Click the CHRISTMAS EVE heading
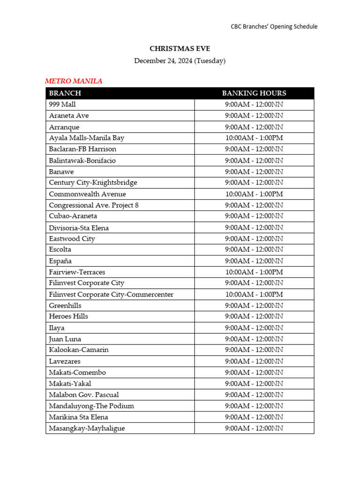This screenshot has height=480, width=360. pyautogui.click(x=180, y=48)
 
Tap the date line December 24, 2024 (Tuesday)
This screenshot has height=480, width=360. pyautogui.click(x=180, y=60)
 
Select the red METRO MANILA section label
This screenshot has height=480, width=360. pyautogui.click(x=74, y=81)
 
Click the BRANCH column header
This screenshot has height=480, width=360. pyautogui.click(x=65, y=93)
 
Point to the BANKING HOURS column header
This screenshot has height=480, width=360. pyautogui.click(x=254, y=93)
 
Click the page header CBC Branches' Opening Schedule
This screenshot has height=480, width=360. pyautogui.click(x=274, y=27)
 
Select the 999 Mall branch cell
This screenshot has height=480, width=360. pyautogui.click(x=62, y=104)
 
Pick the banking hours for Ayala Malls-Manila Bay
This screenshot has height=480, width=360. pyautogui.click(x=254, y=138)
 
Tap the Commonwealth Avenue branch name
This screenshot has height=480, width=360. pyautogui.click(x=87, y=194)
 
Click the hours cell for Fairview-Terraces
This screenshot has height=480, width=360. pyautogui.click(x=254, y=272)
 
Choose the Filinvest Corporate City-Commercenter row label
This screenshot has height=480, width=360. pyautogui.click(x=111, y=294)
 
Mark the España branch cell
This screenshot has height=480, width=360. pyautogui.click(x=60, y=261)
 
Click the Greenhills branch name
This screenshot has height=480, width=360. pyautogui.click(x=65, y=305)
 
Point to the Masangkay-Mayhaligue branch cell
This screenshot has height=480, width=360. pyautogui.click(x=87, y=428)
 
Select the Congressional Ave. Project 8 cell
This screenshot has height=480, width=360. pyautogui.click(x=94, y=205)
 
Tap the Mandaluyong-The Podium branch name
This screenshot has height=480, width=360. pyautogui.click(x=91, y=406)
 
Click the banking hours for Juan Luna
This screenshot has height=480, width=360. pyautogui.click(x=254, y=339)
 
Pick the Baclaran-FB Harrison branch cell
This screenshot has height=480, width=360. pyautogui.click(x=82, y=149)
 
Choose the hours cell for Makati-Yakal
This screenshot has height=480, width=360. pyautogui.click(x=254, y=383)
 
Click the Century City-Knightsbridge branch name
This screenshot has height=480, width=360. pyautogui.click(x=93, y=182)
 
